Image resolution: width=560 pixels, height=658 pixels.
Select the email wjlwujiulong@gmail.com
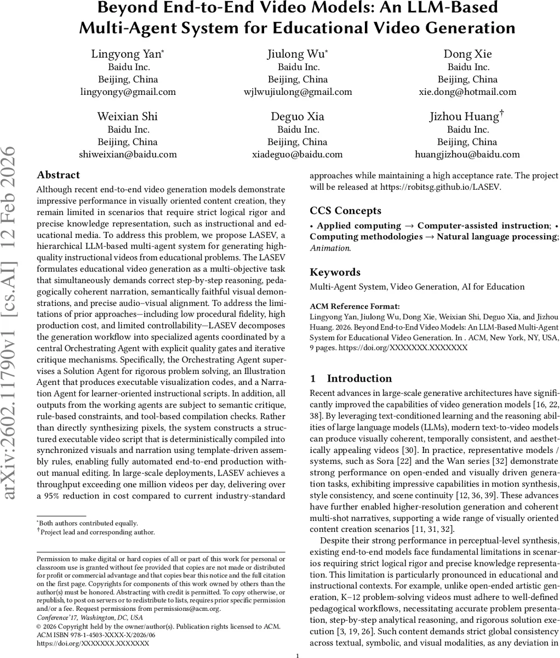tap(298, 92)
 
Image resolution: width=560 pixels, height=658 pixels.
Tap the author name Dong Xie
tap(467, 54)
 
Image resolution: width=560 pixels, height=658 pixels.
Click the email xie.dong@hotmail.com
tap(467, 92)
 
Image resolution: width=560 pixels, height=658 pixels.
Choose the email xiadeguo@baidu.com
tap(298, 154)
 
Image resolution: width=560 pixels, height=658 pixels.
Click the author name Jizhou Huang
tap(465, 116)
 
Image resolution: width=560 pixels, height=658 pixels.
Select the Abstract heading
tap(58, 175)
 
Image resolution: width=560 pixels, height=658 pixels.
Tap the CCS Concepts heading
tap(346, 211)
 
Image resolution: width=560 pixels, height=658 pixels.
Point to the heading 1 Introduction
tap(351, 378)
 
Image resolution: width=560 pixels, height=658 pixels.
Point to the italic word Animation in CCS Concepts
tap(330, 247)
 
